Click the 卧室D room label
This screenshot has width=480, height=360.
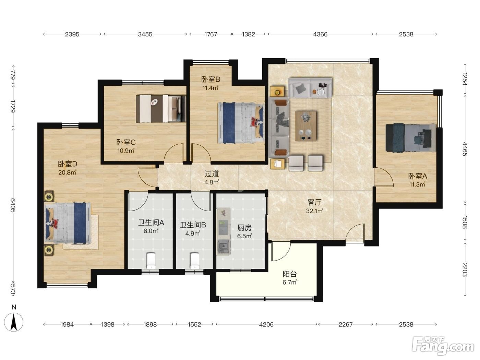(67, 164)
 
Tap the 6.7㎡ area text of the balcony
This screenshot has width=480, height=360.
(289, 282)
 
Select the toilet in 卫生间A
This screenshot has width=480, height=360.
(151, 261)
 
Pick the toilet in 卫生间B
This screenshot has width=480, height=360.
(194, 261)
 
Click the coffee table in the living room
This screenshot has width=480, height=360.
(306, 126)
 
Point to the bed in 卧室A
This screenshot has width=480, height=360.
(411, 138)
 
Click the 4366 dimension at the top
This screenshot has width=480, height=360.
(320, 34)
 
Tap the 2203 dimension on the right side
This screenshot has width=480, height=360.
(465, 269)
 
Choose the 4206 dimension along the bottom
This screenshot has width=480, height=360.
(266, 325)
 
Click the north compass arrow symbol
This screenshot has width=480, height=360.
(14, 322)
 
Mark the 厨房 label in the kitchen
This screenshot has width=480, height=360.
(244, 228)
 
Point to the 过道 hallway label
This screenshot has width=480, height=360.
(212, 174)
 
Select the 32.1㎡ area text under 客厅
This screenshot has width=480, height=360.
(314, 211)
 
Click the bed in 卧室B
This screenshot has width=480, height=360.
(241, 123)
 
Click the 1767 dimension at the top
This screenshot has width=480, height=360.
(211, 34)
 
